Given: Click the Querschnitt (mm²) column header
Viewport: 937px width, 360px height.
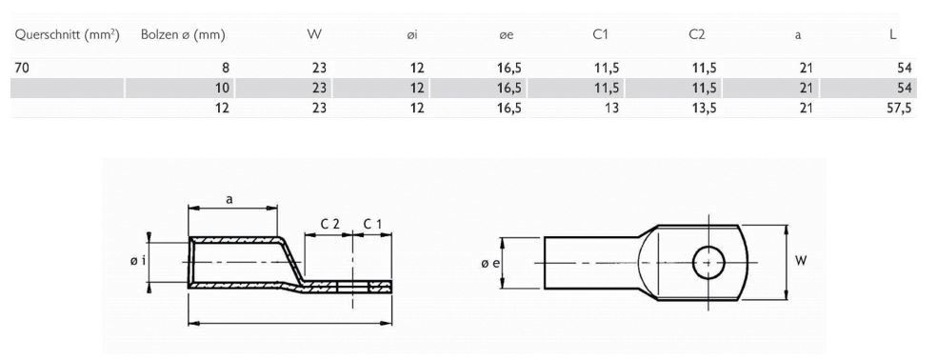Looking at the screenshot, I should [66, 35].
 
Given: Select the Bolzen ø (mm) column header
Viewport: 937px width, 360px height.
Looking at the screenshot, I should [182, 35].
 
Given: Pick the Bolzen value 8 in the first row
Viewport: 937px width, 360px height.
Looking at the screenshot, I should [226, 68].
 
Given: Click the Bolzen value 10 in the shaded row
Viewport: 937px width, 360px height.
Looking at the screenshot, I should [223, 88].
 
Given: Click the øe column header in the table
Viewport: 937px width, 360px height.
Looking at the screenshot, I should [507, 35].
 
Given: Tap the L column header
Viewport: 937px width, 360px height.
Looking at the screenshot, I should [892, 35].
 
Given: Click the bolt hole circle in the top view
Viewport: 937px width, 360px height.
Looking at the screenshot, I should [708, 260].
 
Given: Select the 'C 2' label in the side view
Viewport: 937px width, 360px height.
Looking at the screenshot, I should [329, 223].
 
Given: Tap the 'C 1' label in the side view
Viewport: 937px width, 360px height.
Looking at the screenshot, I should [372, 223].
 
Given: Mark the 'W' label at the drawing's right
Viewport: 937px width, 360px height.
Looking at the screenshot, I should [800, 259].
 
